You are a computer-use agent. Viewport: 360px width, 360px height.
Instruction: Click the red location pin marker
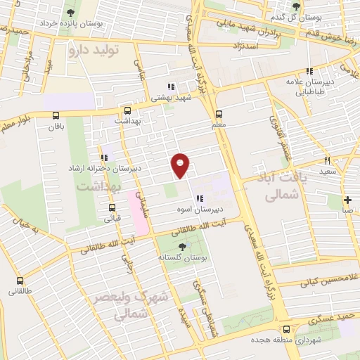coord(181,165)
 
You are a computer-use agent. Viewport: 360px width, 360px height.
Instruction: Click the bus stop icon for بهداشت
coord(127,110)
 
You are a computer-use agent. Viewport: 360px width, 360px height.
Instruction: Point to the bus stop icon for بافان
coord(56,115)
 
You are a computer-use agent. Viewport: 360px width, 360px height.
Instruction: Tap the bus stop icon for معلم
coord(219,114)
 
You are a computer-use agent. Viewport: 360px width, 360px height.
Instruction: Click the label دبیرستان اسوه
coord(202,210)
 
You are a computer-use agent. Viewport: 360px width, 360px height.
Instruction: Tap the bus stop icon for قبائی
coord(111,207)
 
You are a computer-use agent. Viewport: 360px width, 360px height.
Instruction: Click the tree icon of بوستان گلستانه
coord(183,247)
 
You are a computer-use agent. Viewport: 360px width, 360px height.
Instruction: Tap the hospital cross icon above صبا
coord(347,200)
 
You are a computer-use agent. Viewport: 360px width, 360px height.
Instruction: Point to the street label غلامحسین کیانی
coord(324,283)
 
